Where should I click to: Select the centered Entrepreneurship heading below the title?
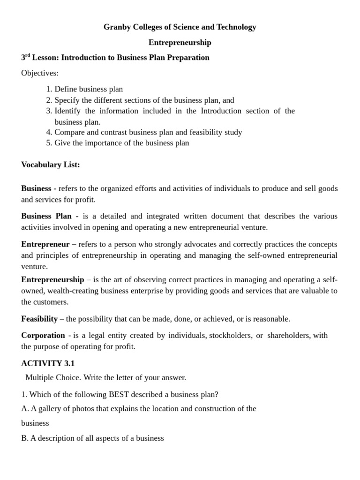(x=180, y=43)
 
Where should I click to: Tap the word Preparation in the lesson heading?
(x=186, y=58)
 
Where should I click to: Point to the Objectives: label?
(x=40, y=73)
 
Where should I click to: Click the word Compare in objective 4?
(x=69, y=132)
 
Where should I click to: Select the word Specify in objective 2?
(x=67, y=100)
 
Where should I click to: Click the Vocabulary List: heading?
(x=51, y=165)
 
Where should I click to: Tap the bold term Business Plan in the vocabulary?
(x=46, y=216)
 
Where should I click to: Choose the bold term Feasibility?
(x=39, y=319)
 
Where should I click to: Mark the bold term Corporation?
(x=43, y=335)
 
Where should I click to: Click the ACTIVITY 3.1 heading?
(x=48, y=363)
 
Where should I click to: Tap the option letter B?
(x=24, y=438)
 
